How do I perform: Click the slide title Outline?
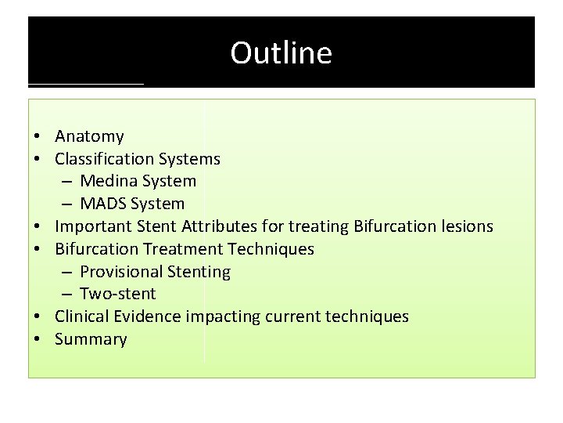click(281, 52)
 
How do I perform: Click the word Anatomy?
click(89, 136)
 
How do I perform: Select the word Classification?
click(104, 159)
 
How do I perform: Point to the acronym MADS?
click(103, 204)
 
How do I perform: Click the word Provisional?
click(120, 272)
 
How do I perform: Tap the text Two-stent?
click(117, 294)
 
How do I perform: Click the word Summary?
click(91, 339)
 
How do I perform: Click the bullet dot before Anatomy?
click(38, 137)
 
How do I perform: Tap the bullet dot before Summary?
click(38, 340)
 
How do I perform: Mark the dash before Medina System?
click(66, 182)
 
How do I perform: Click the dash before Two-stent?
click(66, 295)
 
